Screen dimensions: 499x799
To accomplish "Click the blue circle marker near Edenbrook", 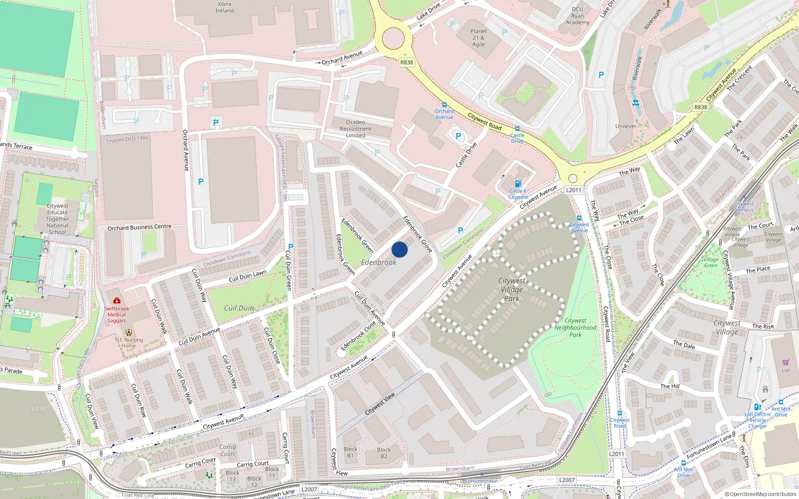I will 399,249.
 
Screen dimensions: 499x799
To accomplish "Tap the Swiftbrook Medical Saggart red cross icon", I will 117,300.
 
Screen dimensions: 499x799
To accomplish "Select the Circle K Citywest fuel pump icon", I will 518,184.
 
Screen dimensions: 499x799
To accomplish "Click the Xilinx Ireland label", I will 225,7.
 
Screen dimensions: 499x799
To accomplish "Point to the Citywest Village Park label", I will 511,289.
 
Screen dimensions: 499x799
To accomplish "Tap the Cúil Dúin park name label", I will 239,308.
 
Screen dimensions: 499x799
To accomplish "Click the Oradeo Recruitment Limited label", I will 356,129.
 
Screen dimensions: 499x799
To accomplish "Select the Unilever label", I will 626,126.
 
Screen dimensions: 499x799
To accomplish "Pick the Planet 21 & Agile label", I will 478,37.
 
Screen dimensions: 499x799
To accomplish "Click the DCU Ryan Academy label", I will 577,15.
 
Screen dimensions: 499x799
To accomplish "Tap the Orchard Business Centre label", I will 139,228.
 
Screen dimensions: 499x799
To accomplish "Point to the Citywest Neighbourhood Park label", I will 575,328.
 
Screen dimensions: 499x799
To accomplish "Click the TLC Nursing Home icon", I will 129,332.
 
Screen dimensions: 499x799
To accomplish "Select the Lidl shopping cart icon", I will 786,363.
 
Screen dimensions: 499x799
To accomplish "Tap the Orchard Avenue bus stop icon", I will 444,105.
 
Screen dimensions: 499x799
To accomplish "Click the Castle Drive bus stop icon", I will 517,129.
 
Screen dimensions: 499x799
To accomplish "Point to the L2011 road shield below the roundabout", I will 573,190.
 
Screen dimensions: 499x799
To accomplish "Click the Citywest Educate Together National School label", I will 57,219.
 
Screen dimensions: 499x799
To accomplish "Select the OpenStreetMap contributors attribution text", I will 760,495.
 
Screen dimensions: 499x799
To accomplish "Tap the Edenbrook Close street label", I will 358,336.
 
